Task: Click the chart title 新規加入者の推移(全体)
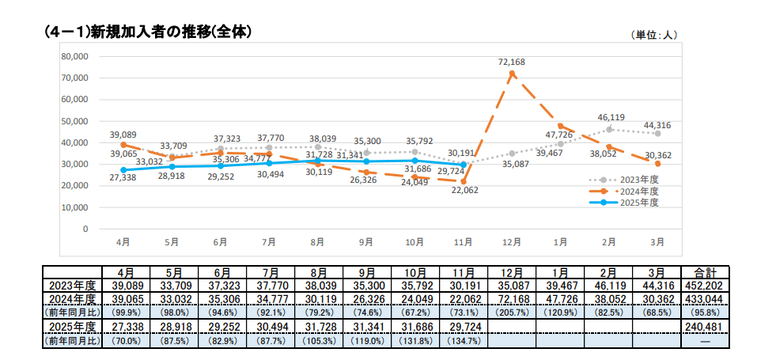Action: click(150, 32)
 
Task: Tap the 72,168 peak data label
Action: click(512, 62)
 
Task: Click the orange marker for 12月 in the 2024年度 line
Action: click(512, 74)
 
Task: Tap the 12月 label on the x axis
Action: click(512, 241)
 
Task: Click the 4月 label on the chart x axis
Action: click(123, 241)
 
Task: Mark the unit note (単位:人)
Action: click(654, 36)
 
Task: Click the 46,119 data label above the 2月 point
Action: click(610, 117)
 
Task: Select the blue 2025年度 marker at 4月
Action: click(123, 170)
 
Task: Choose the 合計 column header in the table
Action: click(703, 272)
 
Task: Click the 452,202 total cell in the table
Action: click(703, 286)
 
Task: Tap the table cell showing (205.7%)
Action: click(513, 312)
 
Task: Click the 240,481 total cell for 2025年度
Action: click(703, 326)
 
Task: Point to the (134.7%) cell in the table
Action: click(464, 340)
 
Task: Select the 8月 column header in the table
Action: click(318, 272)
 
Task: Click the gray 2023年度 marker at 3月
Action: click(658, 134)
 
